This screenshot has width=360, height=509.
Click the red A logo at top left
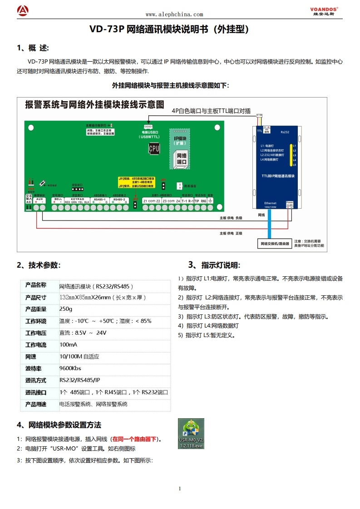click(x=23, y=10)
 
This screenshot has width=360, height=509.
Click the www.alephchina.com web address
click(x=174, y=15)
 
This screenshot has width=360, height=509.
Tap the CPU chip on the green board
click(x=154, y=148)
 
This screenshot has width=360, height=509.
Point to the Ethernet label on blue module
click(x=270, y=203)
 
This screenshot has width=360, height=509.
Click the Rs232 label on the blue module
click(x=285, y=132)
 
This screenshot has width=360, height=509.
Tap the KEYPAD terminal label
click(x=78, y=199)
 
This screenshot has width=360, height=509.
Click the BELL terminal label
click(x=58, y=199)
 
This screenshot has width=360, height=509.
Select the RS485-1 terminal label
click(x=99, y=199)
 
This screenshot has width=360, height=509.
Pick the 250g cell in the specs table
click(x=66, y=309)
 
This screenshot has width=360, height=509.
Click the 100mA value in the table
click(x=68, y=344)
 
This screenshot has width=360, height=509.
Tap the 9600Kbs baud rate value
click(x=70, y=368)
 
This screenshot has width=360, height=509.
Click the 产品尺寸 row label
click(x=36, y=298)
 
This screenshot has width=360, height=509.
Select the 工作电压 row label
click(x=36, y=333)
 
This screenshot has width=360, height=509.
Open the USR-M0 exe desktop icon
click(x=191, y=434)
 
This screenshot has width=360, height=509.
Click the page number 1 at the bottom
click(x=180, y=489)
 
